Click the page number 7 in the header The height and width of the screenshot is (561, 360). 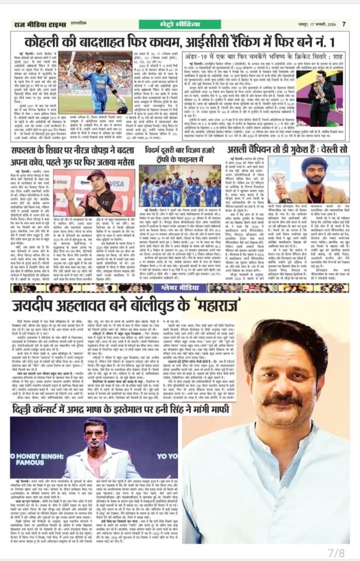pos(344,24)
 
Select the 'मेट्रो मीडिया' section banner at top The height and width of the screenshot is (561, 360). pos(180,23)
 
